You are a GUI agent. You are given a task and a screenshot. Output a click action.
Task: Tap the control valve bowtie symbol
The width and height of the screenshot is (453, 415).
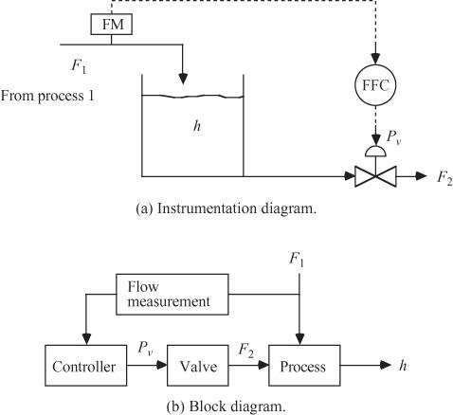375,176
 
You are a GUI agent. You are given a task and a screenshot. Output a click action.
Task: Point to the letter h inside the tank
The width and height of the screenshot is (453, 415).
197,126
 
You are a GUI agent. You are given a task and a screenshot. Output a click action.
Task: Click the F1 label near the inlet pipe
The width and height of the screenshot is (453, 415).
79,65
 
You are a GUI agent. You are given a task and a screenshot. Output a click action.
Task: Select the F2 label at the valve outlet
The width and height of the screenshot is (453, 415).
444,178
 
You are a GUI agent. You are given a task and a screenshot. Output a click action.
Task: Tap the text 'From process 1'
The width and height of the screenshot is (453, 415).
47,96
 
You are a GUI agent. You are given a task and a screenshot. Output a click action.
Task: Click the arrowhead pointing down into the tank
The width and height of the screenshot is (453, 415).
183,79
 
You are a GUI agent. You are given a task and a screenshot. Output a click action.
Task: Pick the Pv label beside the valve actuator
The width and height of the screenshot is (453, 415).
394,137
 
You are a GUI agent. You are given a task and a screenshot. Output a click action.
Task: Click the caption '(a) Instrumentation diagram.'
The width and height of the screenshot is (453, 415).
226,208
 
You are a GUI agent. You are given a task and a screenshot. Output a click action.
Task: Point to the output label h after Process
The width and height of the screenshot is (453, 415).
403,366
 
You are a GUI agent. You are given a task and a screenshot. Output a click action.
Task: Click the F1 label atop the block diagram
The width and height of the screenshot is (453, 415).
297,261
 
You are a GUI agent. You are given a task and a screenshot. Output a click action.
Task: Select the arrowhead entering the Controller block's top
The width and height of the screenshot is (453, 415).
86,339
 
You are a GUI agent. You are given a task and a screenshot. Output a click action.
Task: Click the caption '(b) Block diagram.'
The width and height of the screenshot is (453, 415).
226,406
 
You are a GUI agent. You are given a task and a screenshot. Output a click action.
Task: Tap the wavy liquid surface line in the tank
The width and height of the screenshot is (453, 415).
192,97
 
